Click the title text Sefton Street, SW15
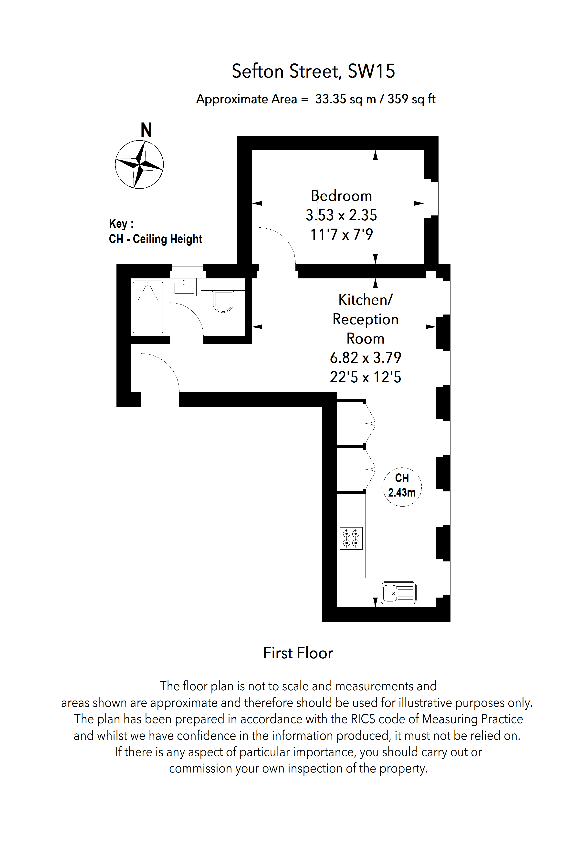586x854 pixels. click(313, 71)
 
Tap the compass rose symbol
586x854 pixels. click(139, 165)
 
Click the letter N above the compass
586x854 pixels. click(146, 130)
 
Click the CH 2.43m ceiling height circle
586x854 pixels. click(402, 487)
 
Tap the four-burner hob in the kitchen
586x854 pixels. click(351, 538)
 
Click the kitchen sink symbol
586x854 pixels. click(398, 592)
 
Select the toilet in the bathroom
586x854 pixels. click(223, 301)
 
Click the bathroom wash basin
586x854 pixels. click(184, 287)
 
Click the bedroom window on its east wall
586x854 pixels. click(431, 198)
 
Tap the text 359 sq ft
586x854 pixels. click(411, 99)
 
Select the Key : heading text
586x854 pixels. click(121, 224)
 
